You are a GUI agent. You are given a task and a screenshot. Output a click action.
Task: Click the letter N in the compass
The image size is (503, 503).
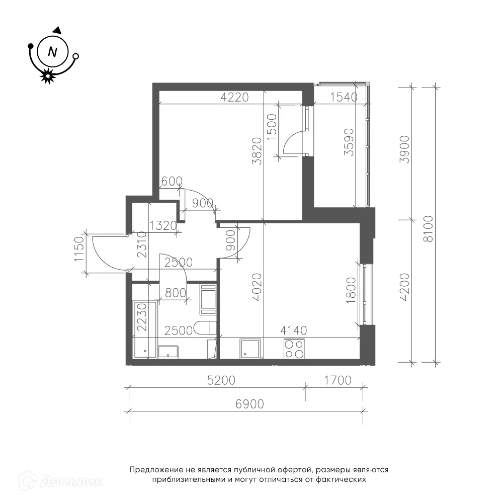(52, 52)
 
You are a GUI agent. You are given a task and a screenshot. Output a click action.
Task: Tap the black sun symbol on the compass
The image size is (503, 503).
(47, 76)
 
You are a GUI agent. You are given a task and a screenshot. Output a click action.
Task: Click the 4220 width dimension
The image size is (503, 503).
(234, 97)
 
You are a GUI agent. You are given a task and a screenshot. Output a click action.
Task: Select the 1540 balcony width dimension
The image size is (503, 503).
(344, 97)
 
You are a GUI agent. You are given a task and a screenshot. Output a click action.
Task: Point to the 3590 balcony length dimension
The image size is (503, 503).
(349, 142)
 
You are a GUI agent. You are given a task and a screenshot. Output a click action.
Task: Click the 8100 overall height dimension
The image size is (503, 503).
(428, 229)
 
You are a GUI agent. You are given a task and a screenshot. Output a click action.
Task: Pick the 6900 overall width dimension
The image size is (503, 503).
(249, 404)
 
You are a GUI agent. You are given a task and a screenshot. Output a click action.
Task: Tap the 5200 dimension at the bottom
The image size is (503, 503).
(221, 380)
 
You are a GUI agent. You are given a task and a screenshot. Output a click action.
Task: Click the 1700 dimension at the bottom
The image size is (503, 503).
(338, 380)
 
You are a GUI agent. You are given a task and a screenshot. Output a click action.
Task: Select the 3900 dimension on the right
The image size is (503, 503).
(405, 149)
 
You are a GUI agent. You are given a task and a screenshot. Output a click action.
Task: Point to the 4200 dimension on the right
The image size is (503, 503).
(405, 287)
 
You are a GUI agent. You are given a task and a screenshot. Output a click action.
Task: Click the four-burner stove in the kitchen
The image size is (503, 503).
(294, 349)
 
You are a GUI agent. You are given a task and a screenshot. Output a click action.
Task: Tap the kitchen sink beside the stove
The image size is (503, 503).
(249, 349)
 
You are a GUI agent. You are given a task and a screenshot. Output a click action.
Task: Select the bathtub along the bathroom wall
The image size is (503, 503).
(145, 329)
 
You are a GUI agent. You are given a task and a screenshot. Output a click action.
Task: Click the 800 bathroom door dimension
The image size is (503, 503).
(175, 293)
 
